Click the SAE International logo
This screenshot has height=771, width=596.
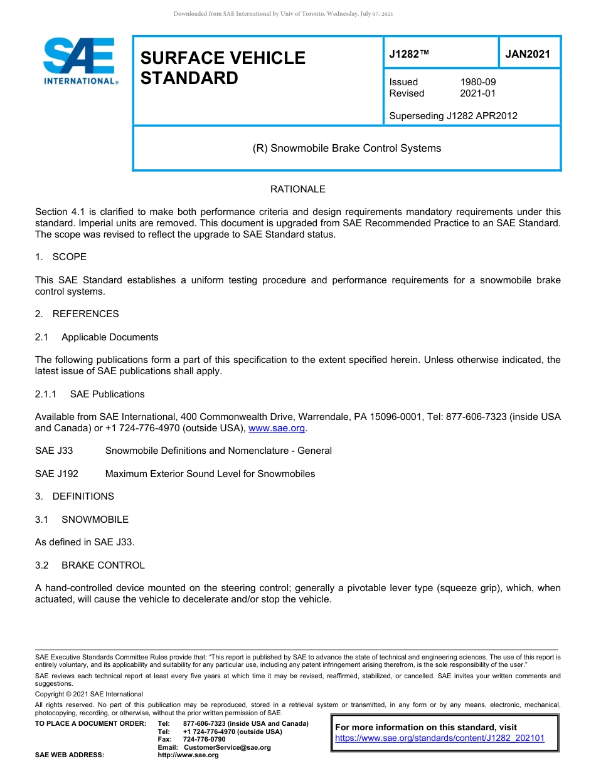pyautogui.click(x=80, y=61)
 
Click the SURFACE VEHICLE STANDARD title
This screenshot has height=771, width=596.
pyautogui.click(x=222, y=68)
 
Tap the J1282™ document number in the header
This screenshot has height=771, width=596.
pyautogui.click(x=409, y=54)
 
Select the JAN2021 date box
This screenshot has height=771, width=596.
pyautogui.click(x=528, y=54)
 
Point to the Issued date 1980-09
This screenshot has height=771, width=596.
pyautogui.click(x=477, y=82)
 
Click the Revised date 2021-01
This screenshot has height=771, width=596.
pyautogui.click(x=477, y=93)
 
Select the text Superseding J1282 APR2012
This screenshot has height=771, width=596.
pyautogui.click(x=453, y=115)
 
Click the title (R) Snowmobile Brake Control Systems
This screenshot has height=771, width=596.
pyautogui.click(x=346, y=149)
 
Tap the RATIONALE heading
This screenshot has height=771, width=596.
pyautogui.click(x=297, y=189)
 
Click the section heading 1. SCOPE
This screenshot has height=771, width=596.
pyautogui.click(x=61, y=257)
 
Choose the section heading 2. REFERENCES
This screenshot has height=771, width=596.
pyautogui.click(x=77, y=314)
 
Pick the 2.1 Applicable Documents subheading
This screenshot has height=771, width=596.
pyautogui.click(x=97, y=337)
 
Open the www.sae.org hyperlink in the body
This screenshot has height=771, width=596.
pyautogui.click(x=277, y=428)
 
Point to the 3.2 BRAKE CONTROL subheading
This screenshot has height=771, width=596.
pyautogui.click(x=90, y=565)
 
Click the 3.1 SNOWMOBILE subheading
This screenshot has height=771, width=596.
pyautogui.click(x=82, y=520)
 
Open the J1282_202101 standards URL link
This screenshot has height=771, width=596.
pyautogui.click(x=439, y=738)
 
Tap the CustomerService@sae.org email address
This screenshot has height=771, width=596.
pyautogui.click(x=227, y=747)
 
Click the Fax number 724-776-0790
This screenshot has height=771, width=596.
pyautogui.click(x=204, y=740)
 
